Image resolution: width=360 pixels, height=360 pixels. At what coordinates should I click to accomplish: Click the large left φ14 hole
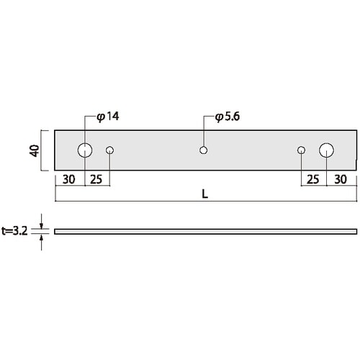tap(85, 150)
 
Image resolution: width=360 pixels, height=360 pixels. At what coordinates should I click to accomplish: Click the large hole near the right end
tap(327, 150)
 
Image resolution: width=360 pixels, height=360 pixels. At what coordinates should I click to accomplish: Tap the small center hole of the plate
tap(204, 150)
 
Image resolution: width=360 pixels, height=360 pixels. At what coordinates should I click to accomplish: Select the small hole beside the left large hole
tap(110, 150)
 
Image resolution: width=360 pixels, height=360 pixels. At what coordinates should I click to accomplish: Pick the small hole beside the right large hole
tap(302, 150)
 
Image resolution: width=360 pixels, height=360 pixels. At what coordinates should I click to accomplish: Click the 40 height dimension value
tap(34, 150)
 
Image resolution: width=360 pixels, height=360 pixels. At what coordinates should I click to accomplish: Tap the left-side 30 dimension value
tap(70, 179)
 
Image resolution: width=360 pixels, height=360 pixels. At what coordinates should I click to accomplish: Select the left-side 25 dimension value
tap(97, 179)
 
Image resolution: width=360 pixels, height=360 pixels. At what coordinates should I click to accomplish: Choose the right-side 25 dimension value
tap(313, 179)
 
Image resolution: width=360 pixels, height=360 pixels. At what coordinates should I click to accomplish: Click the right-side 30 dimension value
tap(341, 179)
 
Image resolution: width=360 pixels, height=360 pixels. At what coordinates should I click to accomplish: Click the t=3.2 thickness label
tap(15, 231)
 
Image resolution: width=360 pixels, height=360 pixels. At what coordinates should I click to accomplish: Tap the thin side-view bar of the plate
tap(205, 231)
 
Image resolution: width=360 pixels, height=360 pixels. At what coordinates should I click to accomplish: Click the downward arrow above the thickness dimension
tap(42, 223)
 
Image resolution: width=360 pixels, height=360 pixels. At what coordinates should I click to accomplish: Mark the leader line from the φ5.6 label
tap(204, 133)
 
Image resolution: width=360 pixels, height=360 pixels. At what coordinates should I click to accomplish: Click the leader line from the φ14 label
tap(85, 130)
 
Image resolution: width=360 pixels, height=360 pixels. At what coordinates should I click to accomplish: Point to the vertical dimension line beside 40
tap(42, 150)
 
